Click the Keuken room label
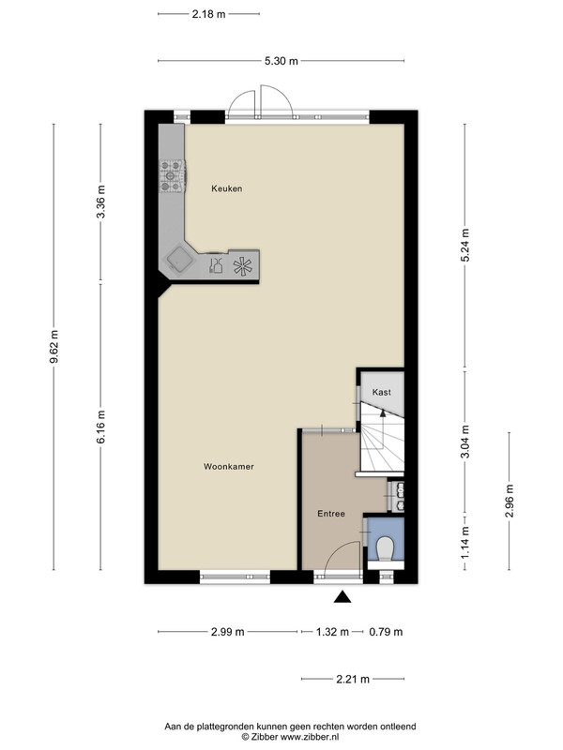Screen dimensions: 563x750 (x=226, y=188)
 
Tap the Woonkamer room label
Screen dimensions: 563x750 (x=228, y=466)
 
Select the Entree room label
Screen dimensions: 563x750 (x=331, y=514)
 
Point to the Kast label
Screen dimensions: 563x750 (x=382, y=392)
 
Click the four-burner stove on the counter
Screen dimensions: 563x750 (x=173, y=176)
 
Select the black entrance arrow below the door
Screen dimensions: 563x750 (x=342, y=596)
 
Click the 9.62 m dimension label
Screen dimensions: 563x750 (x=53, y=346)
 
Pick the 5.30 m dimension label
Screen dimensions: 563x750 (x=281, y=61)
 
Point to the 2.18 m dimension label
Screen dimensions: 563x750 (x=208, y=14)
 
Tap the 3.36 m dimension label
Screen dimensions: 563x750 (x=101, y=202)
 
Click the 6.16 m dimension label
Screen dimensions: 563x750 (x=101, y=427)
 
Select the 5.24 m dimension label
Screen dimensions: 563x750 (x=464, y=245)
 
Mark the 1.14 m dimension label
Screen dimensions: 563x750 (x=464, y=542)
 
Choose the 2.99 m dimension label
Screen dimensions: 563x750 (x=227, y=632)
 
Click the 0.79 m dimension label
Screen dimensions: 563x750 (x=386, y=632)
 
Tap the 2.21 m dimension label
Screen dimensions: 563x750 (x=353, y=679)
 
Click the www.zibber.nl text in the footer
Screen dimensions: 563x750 (x=310, y=737)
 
